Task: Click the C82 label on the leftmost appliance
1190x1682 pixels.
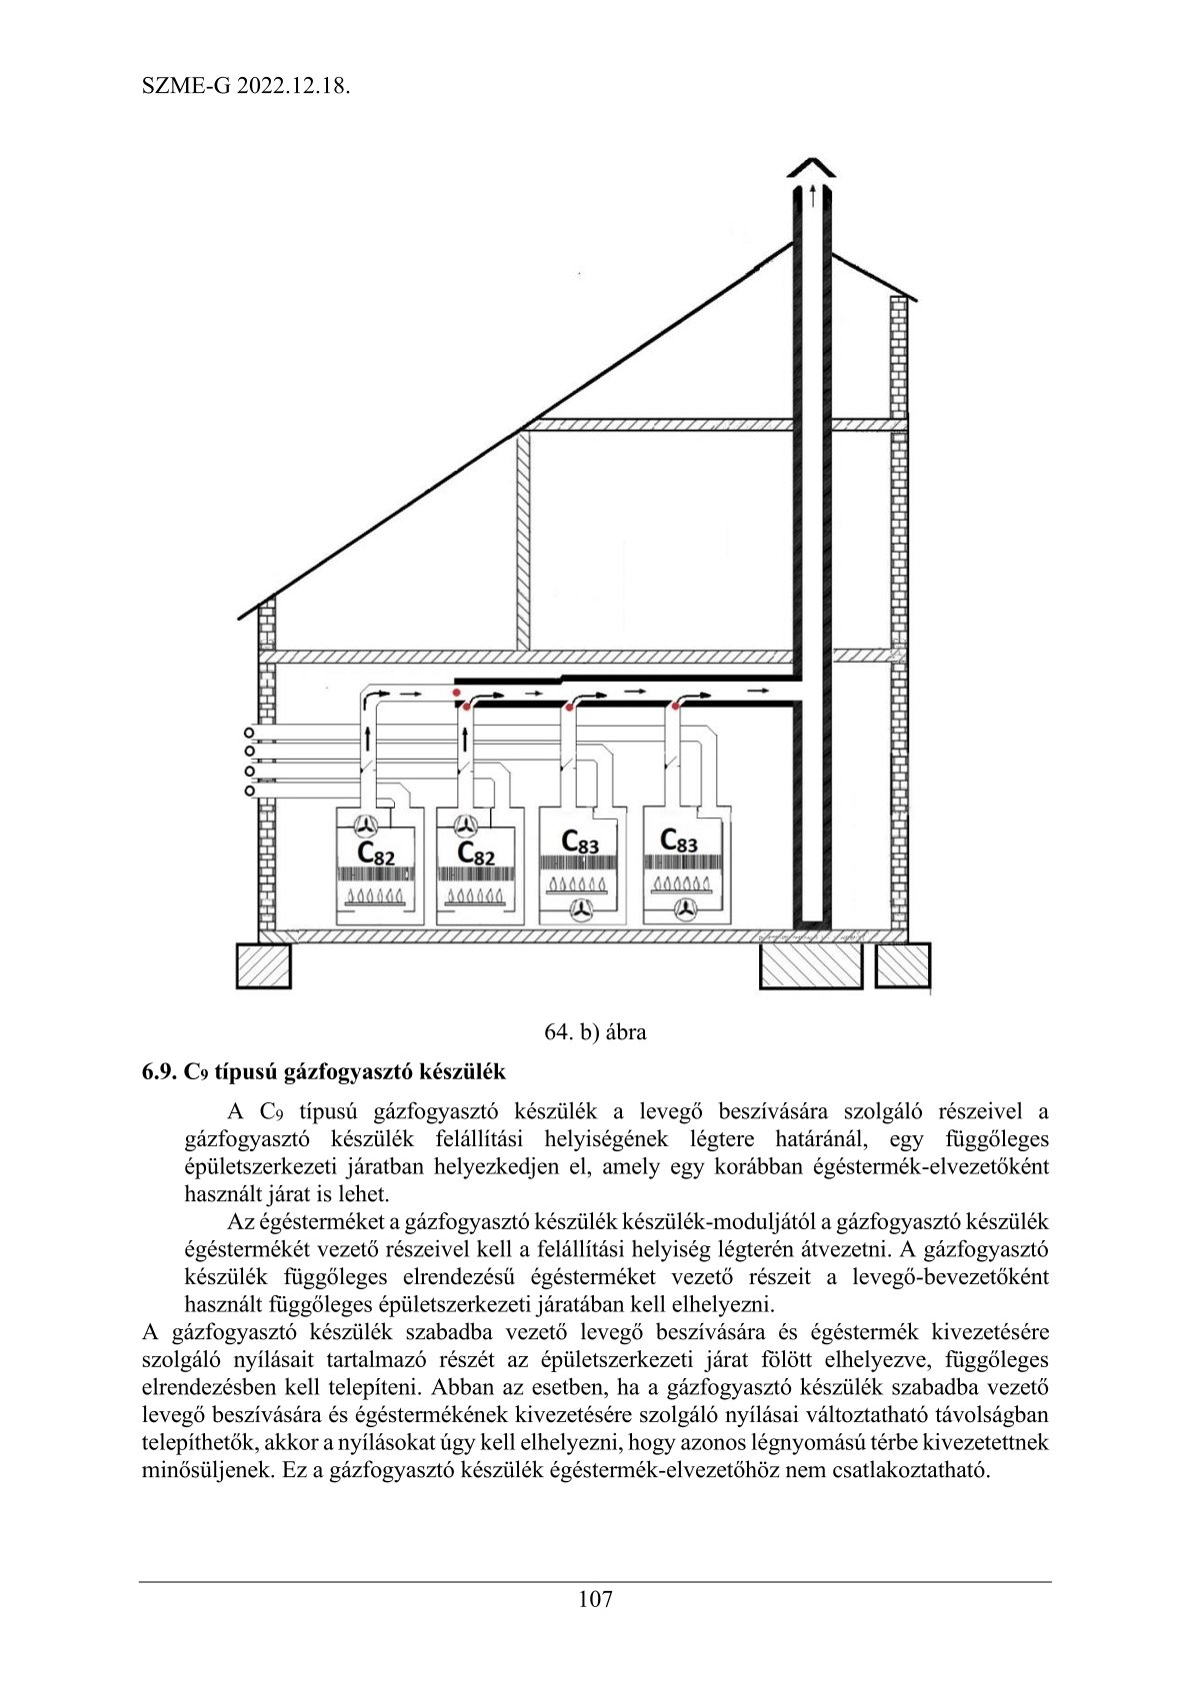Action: [x=375, y=853]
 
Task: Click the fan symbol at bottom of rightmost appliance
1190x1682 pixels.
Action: [x=685, y=908]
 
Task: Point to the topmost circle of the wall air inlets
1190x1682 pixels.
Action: [x=250, y=733]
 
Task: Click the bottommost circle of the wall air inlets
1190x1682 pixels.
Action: [x=250, y=791]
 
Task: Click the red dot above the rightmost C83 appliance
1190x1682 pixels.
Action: [x=676, y=707]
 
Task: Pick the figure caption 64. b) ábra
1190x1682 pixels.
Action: [x=595, y=1032]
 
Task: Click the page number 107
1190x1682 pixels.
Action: [x=595, y=1599]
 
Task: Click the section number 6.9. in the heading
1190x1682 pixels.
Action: [x=159, y=1072]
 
